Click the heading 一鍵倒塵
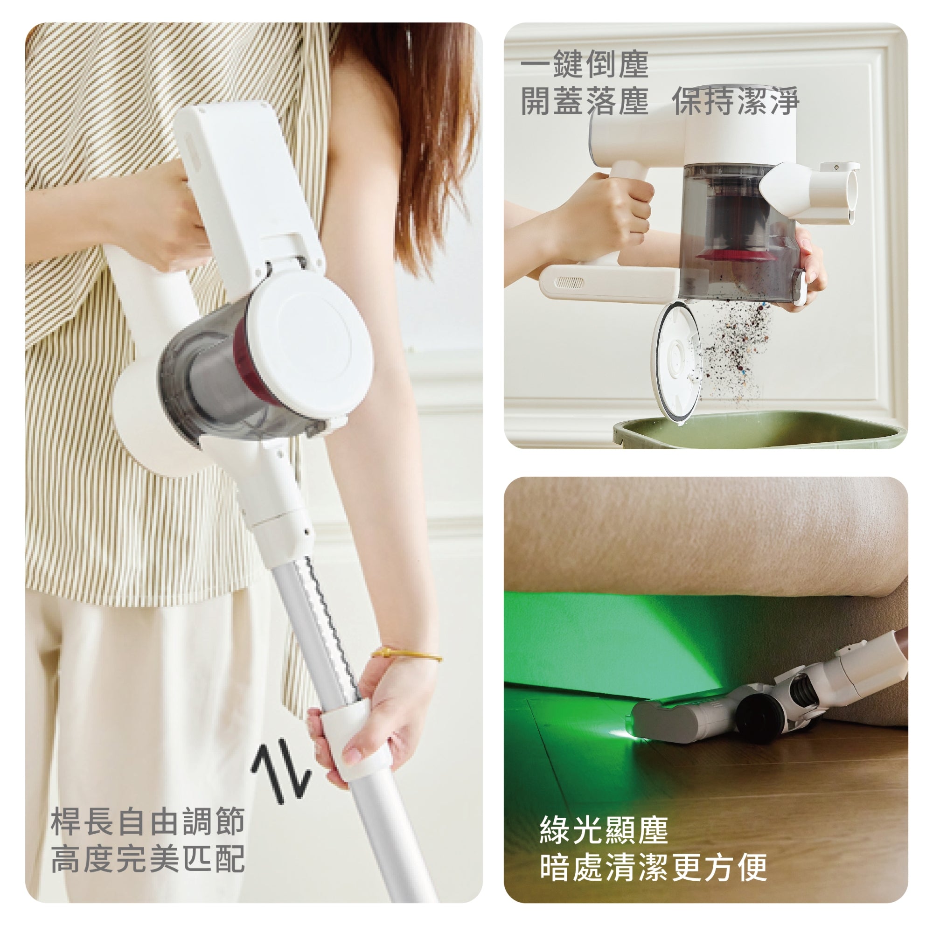point(585,64)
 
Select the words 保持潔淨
point(736,100)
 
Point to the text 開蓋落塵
point(585,100)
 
